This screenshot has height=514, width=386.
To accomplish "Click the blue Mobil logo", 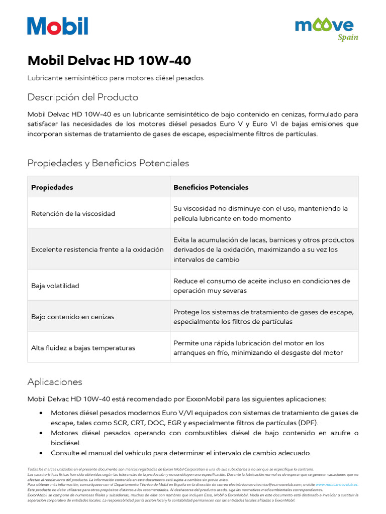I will (58, 26).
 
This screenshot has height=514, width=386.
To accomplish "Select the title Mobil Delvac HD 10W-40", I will (109, 61).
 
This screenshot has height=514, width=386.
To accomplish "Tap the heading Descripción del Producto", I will (83, 97).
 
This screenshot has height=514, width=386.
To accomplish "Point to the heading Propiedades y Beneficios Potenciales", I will (108, 163).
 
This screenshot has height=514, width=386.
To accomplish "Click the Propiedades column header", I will (52, 187).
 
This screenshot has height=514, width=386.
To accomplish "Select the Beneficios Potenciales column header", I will (211, 187).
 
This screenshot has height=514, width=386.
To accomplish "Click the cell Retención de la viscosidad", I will (73, 213).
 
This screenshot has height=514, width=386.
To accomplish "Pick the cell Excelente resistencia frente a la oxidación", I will (98, 249).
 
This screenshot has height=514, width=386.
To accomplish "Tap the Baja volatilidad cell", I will (55, 286).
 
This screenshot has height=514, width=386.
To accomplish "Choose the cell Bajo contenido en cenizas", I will (72, 317).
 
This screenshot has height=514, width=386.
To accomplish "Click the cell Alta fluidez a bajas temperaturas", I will (83, 348).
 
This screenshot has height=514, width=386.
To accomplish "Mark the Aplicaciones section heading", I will (55, 382).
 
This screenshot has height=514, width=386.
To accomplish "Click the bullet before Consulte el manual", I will (41, 453).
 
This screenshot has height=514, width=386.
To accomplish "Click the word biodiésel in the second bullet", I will (65, 443).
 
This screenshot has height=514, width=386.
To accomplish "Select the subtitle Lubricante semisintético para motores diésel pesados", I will (116, 78).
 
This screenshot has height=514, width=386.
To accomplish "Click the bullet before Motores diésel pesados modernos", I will (41, 413).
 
